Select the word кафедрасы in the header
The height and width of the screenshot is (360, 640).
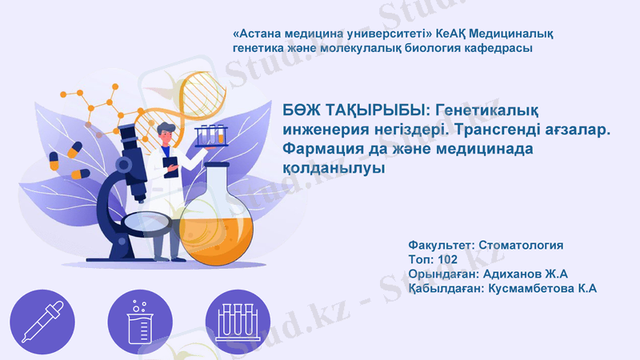tap(491, 49)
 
